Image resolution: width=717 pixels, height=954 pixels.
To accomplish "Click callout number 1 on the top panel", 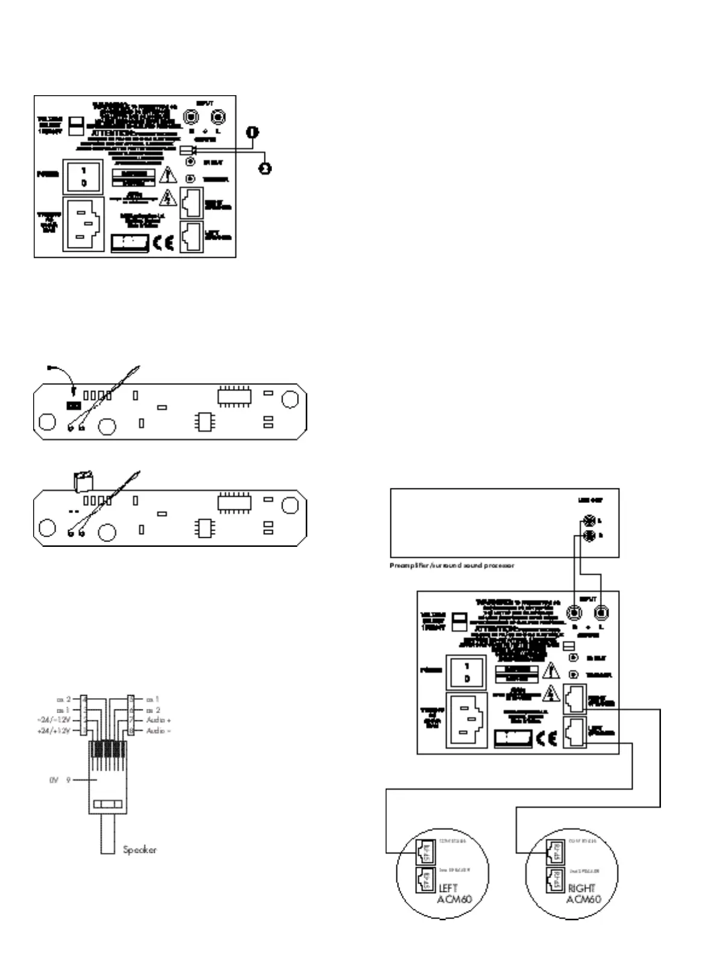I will click(x=252, y=132).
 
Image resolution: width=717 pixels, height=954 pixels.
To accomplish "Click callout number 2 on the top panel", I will click(x=265, y=169).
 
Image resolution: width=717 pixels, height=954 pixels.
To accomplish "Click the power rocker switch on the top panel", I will click(x=83, y=176).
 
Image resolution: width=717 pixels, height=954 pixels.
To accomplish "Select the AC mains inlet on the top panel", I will click(x=83, y=223).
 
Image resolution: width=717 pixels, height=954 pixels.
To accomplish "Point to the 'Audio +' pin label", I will click(x=158, y=720).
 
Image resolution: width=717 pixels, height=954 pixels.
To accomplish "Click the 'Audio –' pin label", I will click(x=158, y=731).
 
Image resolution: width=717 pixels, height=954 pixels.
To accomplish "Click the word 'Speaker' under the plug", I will click(x=139, y=850).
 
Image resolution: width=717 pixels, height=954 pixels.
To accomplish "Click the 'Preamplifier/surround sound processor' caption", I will click(x=452, y=566).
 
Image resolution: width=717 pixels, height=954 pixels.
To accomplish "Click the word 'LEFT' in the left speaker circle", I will click(x=448, y=888).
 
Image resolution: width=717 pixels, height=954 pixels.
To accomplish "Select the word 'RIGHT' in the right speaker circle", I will click(x=581, y=888).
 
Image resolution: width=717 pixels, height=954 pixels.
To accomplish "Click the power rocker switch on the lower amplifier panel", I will click(x=466, y=672).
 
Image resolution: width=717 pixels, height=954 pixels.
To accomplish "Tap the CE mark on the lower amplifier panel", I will click(x=546, y=739).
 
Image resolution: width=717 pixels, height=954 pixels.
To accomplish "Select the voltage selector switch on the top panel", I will click(x=76, y=126).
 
